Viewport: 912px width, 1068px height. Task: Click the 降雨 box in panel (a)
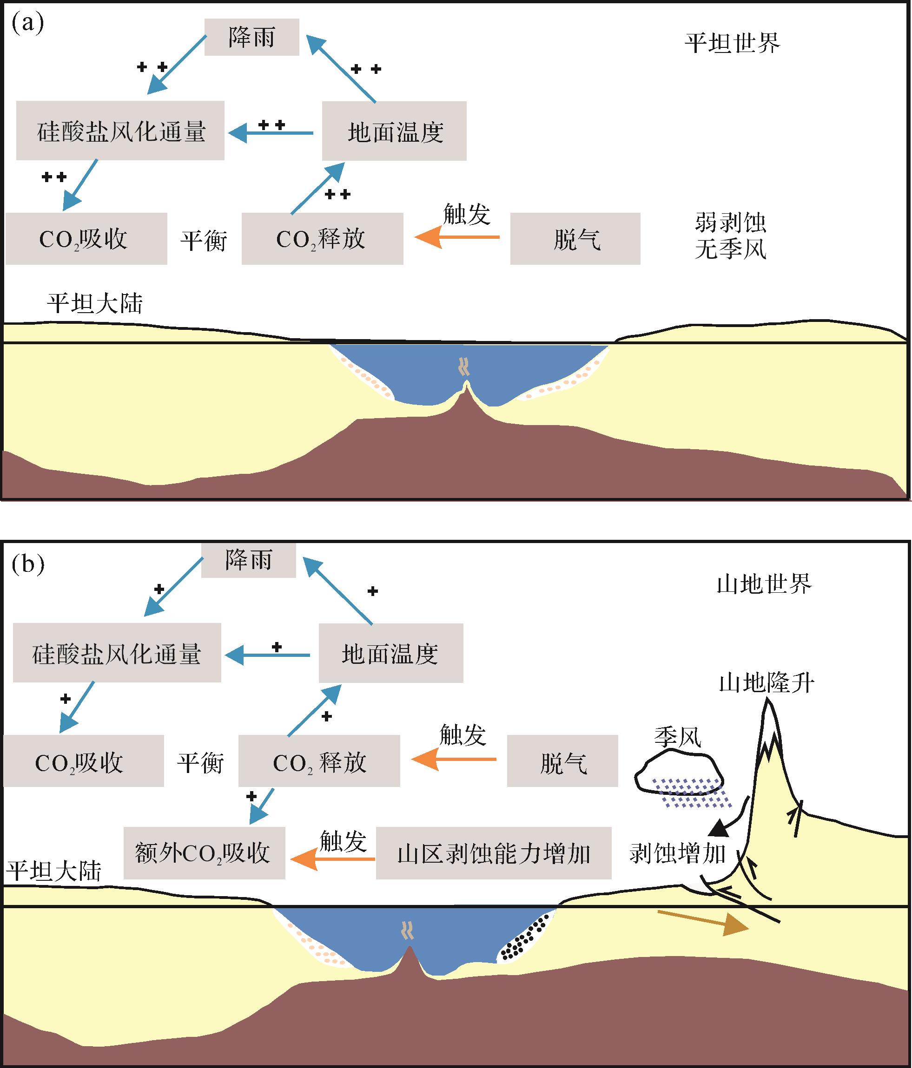[252, 37]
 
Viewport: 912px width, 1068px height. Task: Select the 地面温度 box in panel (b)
[391, 653]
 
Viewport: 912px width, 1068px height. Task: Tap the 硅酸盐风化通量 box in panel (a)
[120, 131]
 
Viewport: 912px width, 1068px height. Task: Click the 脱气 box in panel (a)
[575, 239]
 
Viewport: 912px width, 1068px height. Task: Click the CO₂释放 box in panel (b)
[319, 761]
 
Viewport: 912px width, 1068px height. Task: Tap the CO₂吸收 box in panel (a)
[86, 239]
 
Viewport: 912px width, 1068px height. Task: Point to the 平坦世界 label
[732, 43]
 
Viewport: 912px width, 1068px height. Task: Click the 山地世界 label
[764, 584]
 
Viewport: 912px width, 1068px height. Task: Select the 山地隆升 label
[767, 683]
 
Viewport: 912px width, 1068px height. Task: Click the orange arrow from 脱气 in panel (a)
[457, 237]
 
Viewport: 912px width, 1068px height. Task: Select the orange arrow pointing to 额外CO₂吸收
[333, 859]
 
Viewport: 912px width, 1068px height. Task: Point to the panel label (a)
[27, 24]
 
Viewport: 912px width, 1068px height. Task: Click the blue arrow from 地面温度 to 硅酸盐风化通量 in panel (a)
[271, 133]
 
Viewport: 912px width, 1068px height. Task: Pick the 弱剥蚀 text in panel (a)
[730, 223]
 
